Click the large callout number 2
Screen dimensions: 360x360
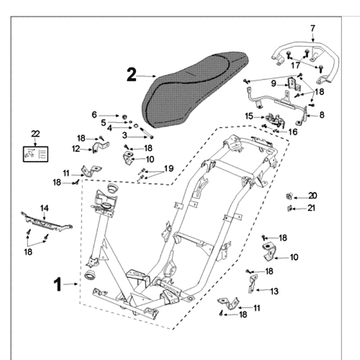tap(131, 75)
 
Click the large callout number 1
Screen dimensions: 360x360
tap(57, 284)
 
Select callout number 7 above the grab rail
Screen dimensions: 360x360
tap(313, 28)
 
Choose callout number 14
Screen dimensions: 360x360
tap(44, 208)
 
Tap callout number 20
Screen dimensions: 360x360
tap(312, 196)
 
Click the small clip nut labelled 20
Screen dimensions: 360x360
tap(290, 196)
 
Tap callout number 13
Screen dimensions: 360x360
tap(274, 291)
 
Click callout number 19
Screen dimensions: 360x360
tap(168, 168)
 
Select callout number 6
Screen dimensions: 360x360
tap(94, 115)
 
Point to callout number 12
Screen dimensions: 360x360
tap(76, 148)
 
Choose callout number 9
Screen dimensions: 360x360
tap(274, 83)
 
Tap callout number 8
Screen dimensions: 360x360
tap(322, 115)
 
